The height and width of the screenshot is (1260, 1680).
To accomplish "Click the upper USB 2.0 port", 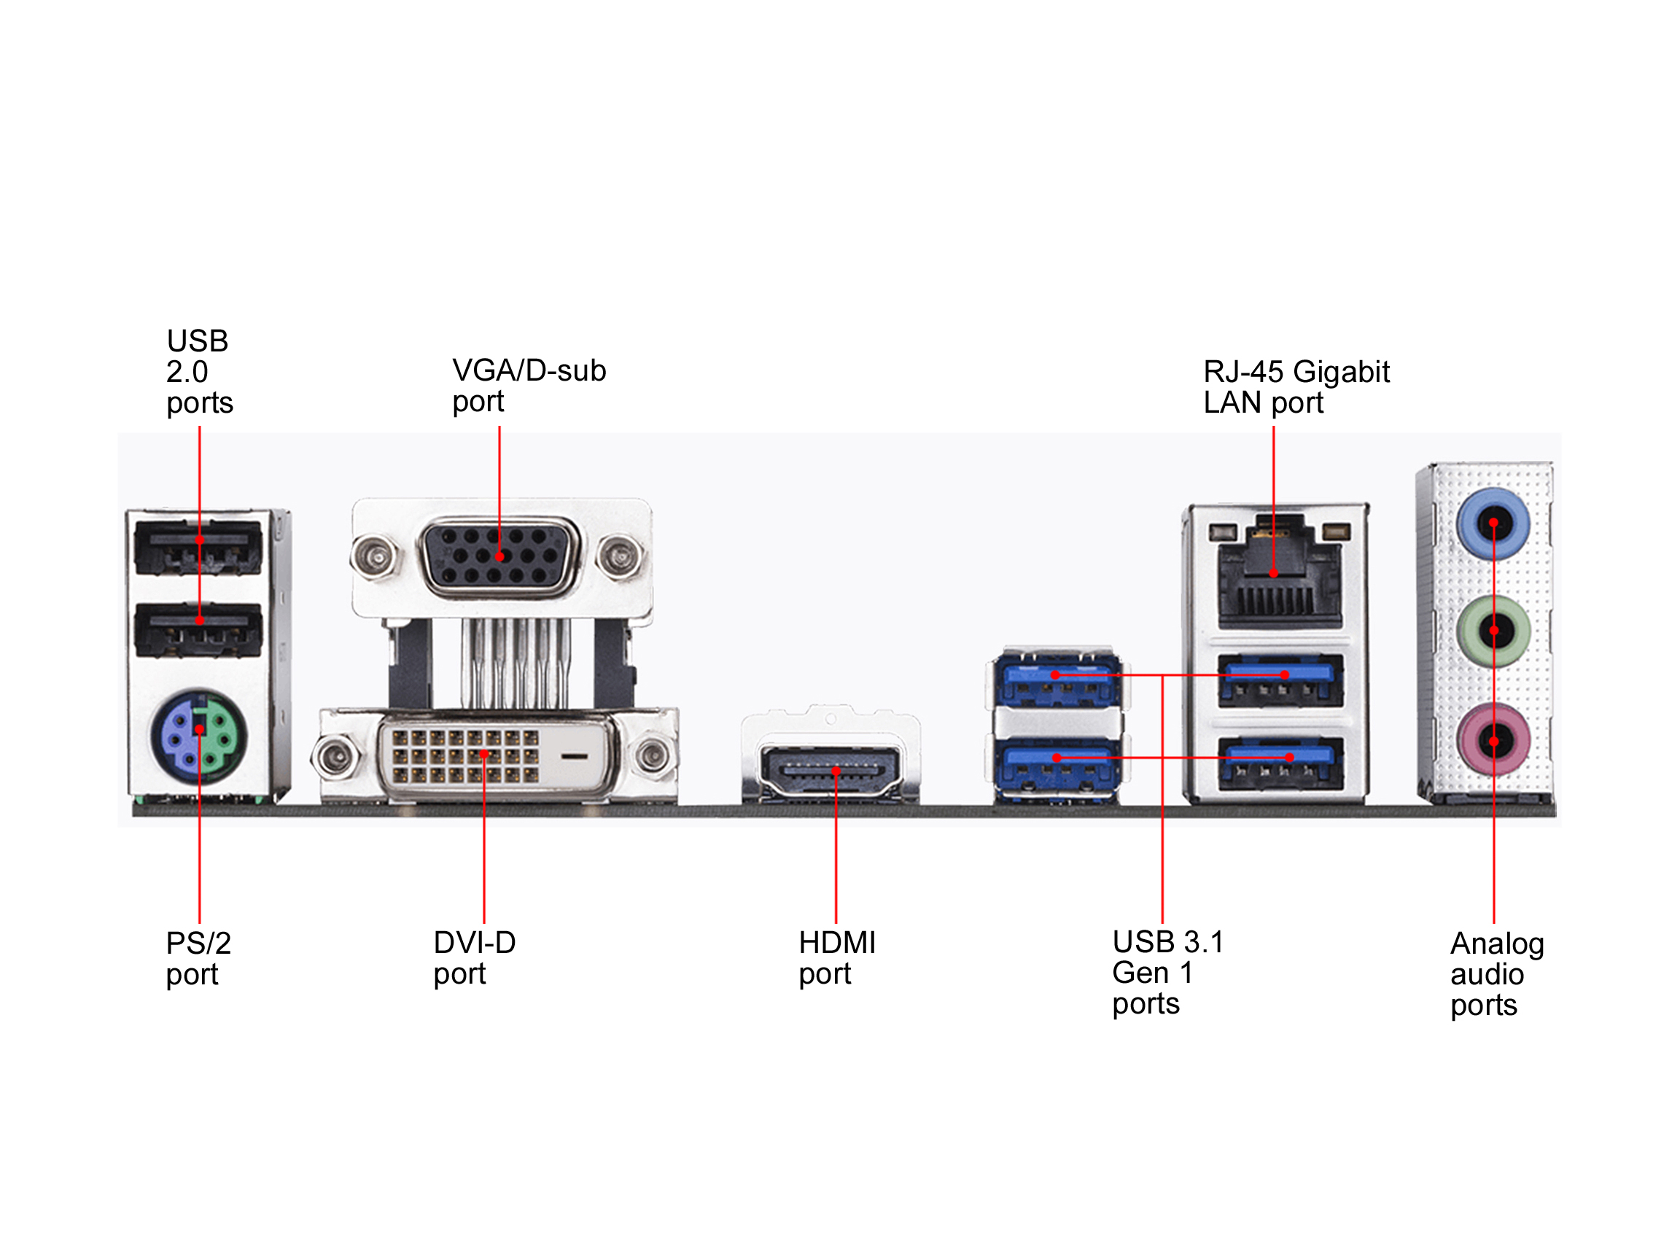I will [198, 548].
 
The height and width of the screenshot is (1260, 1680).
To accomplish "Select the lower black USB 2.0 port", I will [198, 629].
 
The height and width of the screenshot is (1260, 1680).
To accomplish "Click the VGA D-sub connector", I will [499, 556].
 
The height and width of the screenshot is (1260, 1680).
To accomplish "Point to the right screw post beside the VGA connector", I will [621, 556].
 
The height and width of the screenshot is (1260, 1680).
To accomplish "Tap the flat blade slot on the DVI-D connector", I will [573, 756].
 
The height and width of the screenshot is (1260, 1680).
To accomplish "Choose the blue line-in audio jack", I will [1493, 524].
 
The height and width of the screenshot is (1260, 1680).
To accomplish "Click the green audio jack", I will [1493, 631].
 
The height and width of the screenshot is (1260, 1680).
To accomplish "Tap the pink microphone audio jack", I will [1493, 742].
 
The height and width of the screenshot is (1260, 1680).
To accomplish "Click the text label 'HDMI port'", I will [836, 957].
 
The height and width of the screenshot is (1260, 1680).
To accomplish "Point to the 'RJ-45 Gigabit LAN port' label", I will [1296, 386].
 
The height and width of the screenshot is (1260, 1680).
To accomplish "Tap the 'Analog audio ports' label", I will [1496, 973].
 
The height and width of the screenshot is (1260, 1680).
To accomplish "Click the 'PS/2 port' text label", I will [198, 958].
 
